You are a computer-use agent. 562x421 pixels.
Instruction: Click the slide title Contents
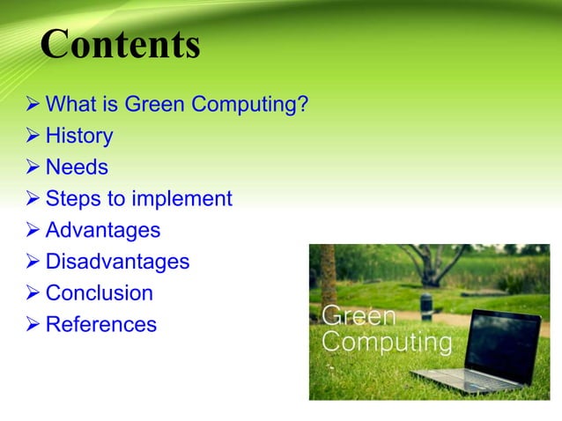click(121, 45)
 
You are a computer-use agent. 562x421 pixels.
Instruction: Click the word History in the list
click(79, 136)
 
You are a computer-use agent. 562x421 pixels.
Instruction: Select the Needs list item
click(77, 166)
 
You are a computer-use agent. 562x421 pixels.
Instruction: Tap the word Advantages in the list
click(102, 230)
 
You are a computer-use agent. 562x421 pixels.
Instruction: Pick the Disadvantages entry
click(117, 262)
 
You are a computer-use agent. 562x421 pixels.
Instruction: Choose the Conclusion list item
click(99, 292)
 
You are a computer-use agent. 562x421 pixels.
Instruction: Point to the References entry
click(100, 324)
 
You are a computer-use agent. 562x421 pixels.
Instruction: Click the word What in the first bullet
click(69, 105)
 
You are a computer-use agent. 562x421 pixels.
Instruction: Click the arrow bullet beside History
click(33, 137)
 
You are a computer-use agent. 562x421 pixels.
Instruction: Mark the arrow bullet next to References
click(33, 325)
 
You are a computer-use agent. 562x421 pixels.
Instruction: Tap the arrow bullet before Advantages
click(33, 231)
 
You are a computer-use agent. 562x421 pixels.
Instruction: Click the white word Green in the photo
click(359, 316)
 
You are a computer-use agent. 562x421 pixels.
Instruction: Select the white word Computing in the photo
click(388, 342)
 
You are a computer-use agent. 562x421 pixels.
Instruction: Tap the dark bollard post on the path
click(426, 306)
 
